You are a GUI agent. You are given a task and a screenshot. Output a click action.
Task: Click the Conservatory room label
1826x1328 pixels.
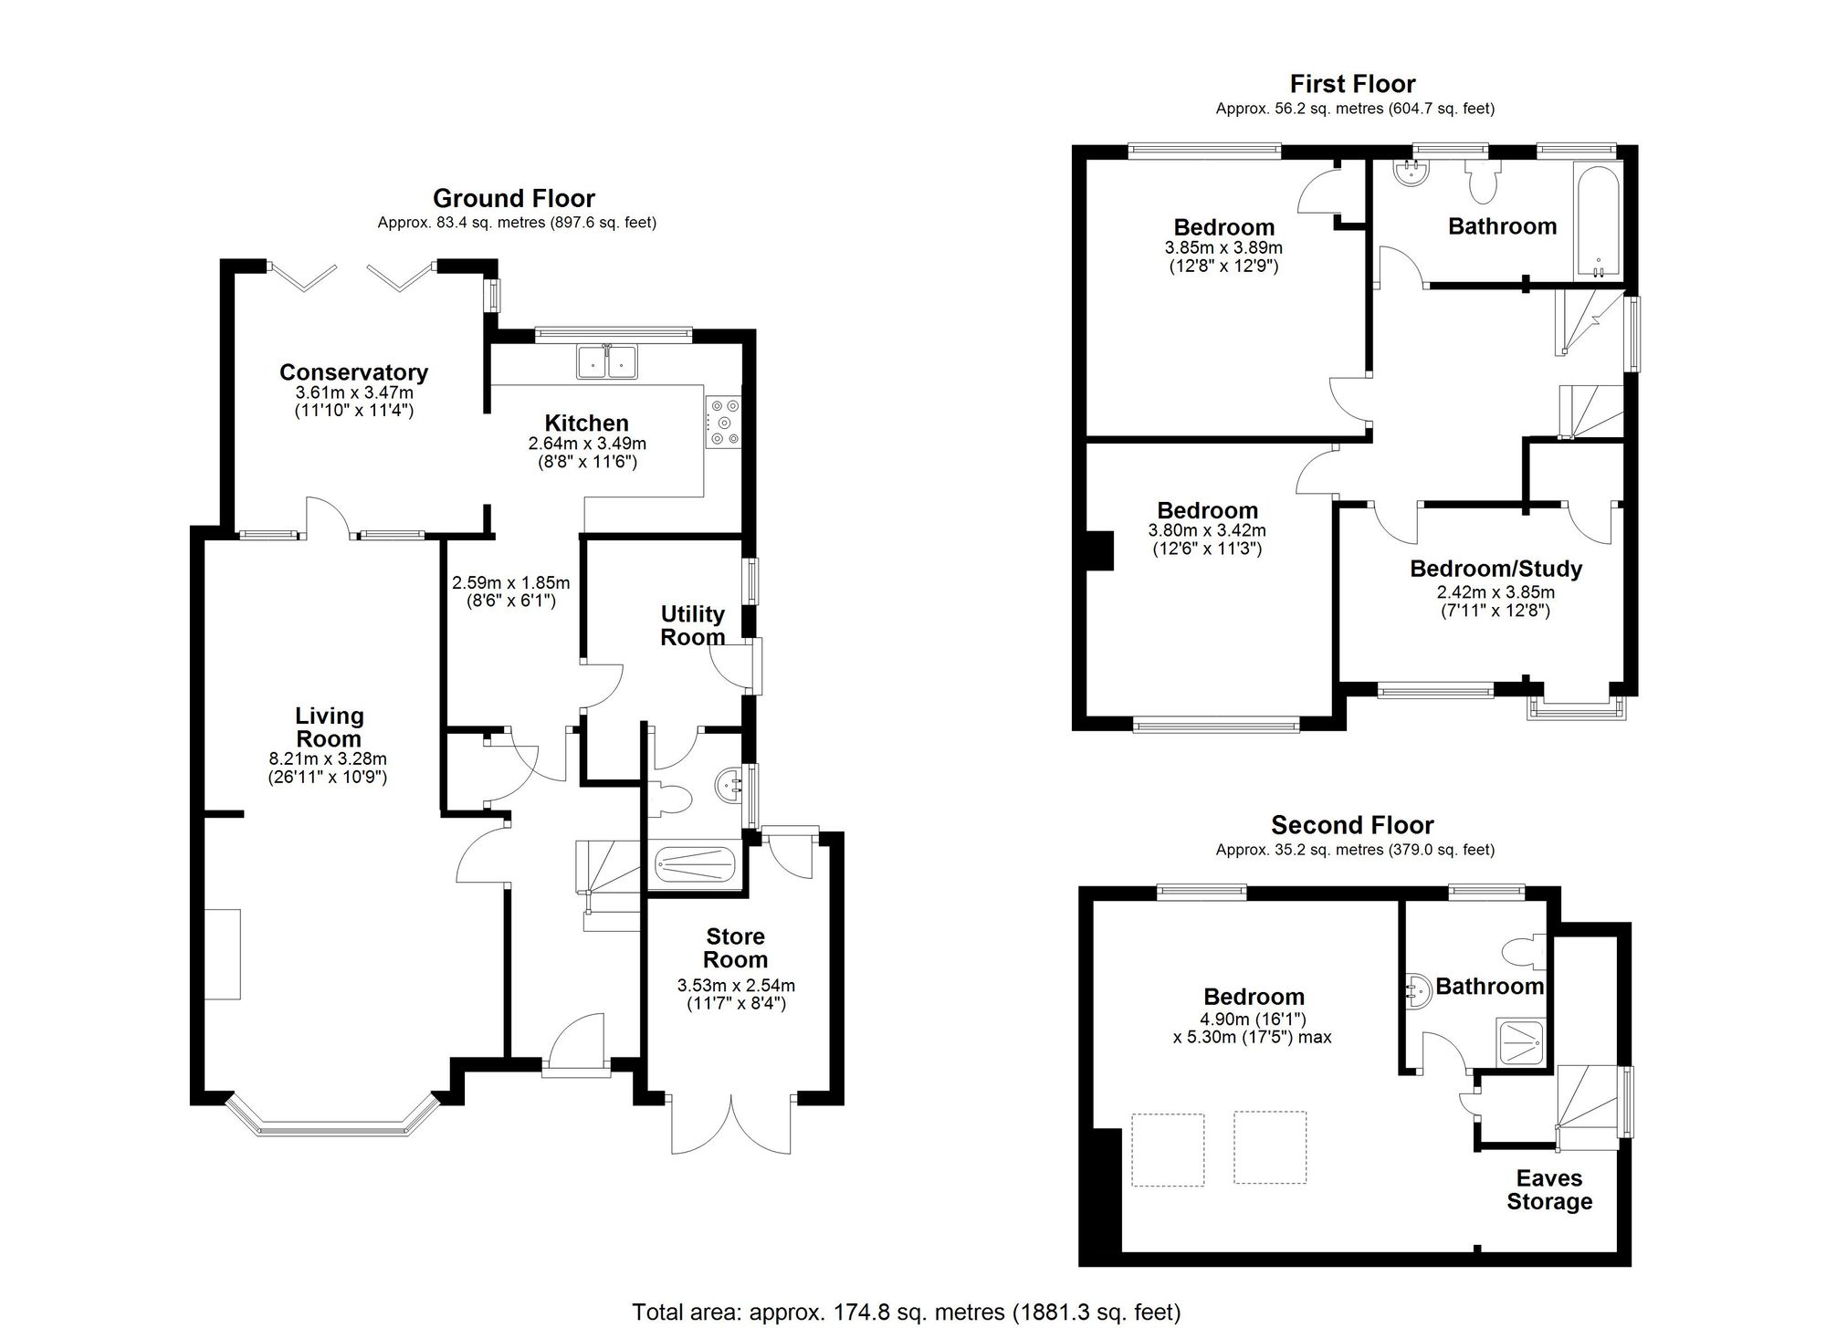pos(353,372)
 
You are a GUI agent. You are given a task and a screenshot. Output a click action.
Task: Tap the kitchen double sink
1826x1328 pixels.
pos(607,361)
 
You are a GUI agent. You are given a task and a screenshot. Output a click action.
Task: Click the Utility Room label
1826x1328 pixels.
pos(692,625)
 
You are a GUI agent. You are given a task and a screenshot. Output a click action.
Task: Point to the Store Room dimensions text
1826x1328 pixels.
pos(736,994)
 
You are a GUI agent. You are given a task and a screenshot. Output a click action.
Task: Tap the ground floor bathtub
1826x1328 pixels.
pos(696,865)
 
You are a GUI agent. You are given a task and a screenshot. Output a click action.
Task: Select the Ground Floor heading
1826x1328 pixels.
pos(513,198)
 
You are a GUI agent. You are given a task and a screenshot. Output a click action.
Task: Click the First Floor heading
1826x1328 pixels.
pos(1352,84)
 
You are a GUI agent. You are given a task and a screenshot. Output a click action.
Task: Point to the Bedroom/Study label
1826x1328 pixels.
pos(1495,569)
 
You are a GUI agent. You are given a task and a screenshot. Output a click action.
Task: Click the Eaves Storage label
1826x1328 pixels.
pos(1549,1189)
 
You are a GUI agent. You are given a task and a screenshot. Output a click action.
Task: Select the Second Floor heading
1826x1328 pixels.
pos(1352,825)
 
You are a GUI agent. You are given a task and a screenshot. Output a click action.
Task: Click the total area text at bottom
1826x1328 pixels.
pos(906,1312)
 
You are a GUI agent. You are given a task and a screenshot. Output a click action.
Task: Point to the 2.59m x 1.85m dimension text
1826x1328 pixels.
pos(510,591)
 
